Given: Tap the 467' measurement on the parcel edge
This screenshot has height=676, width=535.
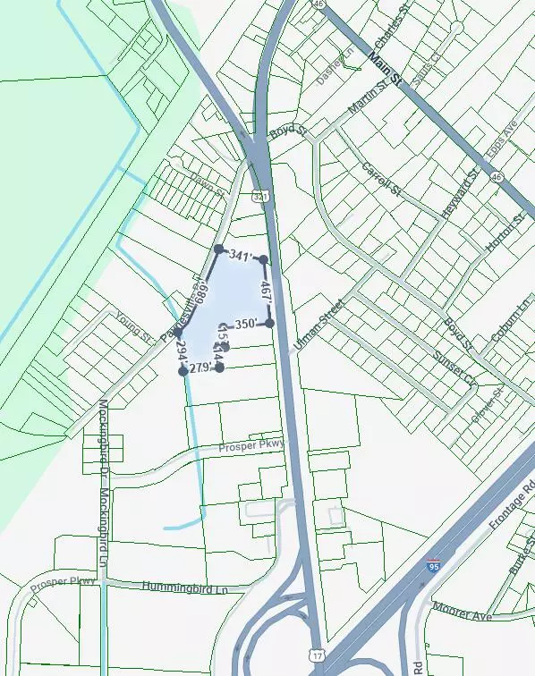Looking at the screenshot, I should (x=266, y=292).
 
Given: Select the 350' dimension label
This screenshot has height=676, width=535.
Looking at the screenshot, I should (x=247, y=323).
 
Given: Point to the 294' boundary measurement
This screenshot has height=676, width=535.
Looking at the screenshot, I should (x=181, y=351).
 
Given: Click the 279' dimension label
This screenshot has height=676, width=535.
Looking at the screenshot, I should (x=200, y=368).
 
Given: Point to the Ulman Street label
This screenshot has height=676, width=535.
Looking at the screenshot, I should (x=316, y=325).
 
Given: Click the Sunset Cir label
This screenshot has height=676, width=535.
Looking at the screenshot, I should (x=455, y=368).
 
